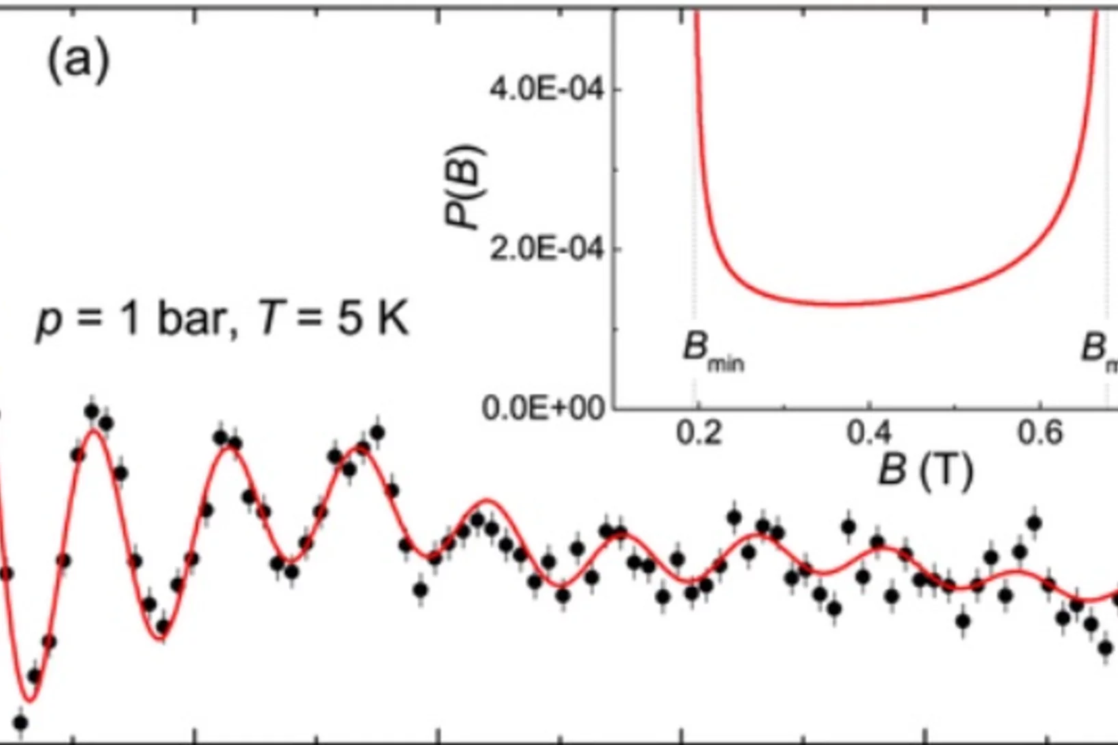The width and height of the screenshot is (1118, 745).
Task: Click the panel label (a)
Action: [78, 61]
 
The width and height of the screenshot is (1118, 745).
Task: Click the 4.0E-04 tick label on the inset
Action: [547, 90]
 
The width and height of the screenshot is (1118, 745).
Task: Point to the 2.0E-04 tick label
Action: [547, 249]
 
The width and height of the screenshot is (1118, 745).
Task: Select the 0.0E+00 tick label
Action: [544, 409]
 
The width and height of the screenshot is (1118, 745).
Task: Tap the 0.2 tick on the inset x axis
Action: [698, 433]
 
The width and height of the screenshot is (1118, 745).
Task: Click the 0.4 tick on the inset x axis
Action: [869, 433]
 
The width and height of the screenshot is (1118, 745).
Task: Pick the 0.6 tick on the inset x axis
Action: [1040, 433]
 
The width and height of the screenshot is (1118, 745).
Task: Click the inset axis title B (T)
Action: [925, 470]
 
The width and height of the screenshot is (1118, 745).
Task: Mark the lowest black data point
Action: [21, 722]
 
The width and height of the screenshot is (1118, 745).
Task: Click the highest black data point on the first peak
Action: [92, 411]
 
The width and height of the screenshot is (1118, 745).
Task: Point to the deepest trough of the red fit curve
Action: [29, 700]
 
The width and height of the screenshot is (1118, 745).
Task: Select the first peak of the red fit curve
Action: [95, 431]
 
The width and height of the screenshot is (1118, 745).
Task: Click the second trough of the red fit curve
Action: [161, 640]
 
